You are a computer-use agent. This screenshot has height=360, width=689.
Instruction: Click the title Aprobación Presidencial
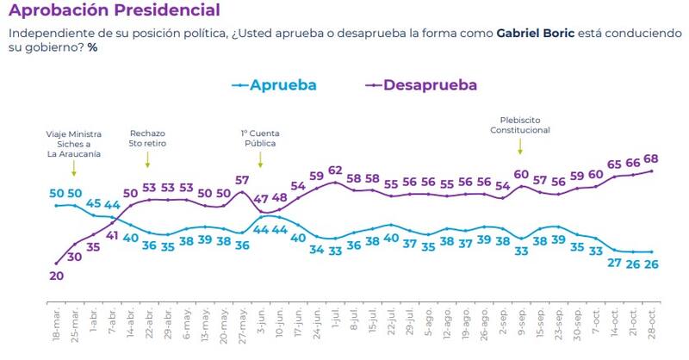tap(113, 11)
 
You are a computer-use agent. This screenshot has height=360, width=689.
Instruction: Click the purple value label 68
tap(651, 158)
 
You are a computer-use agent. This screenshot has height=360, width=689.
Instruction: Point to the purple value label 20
tap(56, 276)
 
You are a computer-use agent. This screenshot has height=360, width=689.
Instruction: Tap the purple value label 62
tap(335, 171)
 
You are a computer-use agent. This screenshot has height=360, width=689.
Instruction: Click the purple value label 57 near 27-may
tap(242, 181)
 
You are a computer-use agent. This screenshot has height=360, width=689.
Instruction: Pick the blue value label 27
tap(614, 263)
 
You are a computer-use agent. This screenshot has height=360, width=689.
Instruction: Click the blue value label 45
tap(94, 203)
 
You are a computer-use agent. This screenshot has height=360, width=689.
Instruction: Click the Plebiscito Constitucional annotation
tap(520, 125)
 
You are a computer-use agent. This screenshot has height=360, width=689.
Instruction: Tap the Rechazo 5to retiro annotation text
tap(147, 139)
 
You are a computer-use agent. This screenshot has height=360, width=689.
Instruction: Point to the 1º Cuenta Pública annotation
tap(261, 139)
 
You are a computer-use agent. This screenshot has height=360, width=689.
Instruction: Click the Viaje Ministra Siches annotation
tap(74, 144)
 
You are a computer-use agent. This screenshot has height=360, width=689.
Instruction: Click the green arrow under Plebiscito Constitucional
tap(520, 146)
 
